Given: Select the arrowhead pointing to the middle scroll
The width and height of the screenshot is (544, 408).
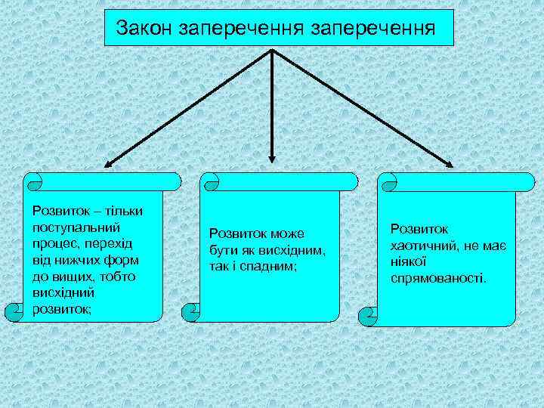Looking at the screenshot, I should pyautogui.click(x=272, y=159).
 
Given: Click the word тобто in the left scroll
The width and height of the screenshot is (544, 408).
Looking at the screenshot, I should pyautogui.click(x=119, y=276).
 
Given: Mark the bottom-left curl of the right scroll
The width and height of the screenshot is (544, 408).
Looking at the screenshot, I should pyautogui.click(x=370, y=312).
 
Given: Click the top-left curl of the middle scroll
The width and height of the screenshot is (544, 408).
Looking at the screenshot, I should pyautogui.click(x=212, y=182).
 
